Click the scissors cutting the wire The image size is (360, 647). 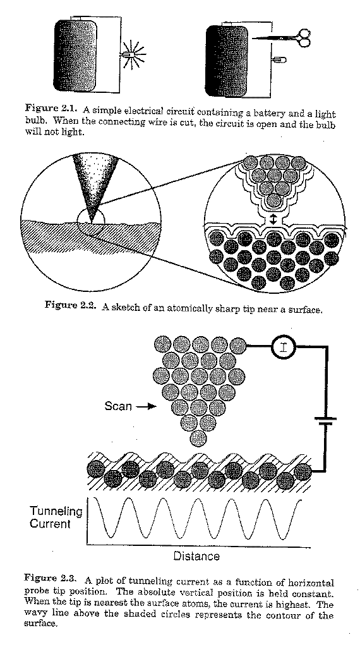click(x=285, y=38)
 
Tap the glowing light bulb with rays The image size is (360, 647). click(x=131, y=54)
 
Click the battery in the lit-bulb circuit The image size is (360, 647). click(x=75, y=56)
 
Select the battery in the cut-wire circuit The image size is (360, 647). click(x=227, y=61)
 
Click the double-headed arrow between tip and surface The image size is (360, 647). click(x=273, y=219)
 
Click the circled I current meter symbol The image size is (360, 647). click(x=284, y=347)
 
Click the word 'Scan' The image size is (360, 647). click(x=118, y=406)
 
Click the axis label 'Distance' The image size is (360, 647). click(x=196, y=556)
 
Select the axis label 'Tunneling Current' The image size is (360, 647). click(x=56, y=518)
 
